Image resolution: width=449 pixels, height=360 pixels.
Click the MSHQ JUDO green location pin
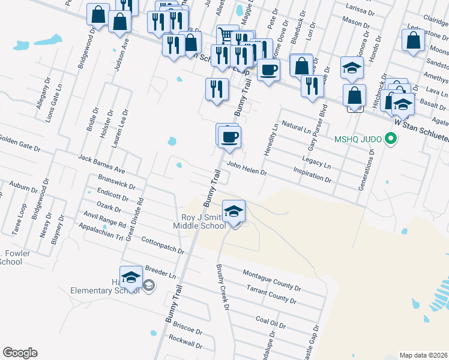(x=391, y=140)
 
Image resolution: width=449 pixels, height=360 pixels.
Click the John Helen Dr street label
(x=246, y=169)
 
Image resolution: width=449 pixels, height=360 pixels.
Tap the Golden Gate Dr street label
(x=20, y=145)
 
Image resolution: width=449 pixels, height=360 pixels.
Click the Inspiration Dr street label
(x=312, y=175)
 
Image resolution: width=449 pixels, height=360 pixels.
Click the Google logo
(x=20, y=353)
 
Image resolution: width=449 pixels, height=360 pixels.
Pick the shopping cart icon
(x=226, y=35)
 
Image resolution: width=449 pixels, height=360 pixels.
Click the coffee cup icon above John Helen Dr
(x=229, y=137)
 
